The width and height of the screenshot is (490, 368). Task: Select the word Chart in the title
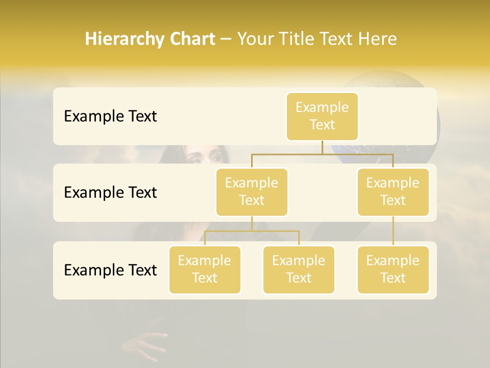click(191, 39)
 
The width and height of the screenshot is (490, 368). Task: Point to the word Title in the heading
click(302, 39)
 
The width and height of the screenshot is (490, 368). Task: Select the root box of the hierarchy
click(322, 117)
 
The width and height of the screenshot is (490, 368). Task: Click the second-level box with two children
click(252, 192)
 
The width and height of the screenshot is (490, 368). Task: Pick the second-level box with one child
click(393, 192)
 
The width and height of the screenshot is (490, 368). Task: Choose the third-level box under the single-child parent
click(393, 270)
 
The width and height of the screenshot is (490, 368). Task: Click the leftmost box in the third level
click(205, 270)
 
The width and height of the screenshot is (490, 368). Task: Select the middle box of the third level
click(299, 270)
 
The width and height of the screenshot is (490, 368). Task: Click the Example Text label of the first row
click(110, 117)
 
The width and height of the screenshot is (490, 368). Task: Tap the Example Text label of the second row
click(110, 193)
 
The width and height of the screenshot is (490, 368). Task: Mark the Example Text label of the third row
click(110, 270)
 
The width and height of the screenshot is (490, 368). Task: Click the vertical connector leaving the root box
click(322, 147)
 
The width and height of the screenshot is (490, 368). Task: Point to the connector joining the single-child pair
click(393, 231)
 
